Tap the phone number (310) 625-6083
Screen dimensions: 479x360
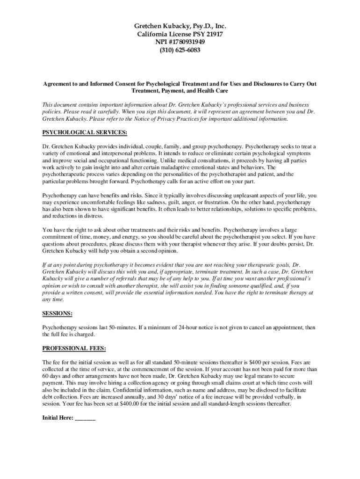180,50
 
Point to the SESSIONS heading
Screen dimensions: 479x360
58,313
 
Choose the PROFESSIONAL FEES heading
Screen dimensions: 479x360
74,348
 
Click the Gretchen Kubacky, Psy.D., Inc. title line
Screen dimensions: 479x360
180,26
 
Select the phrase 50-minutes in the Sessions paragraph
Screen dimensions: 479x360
121,327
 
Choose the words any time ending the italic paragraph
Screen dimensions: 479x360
52,299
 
